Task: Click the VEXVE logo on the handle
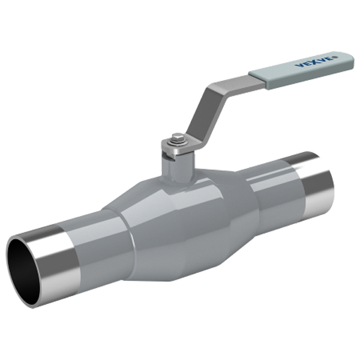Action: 316,61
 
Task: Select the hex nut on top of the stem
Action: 178,139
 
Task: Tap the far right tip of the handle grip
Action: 352,61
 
